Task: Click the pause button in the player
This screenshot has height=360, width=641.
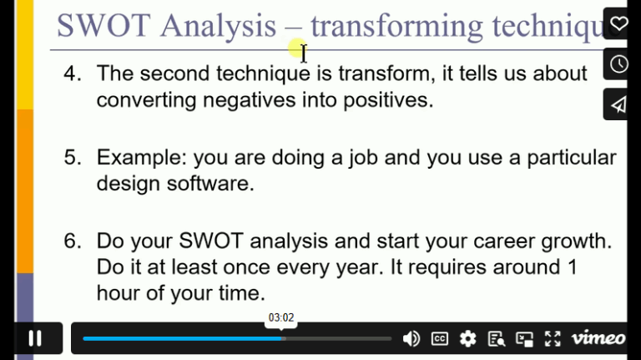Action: point(35,338)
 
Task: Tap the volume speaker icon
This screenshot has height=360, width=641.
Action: point(411,338)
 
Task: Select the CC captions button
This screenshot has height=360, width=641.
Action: point(440,338)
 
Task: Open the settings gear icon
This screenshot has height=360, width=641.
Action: point(468,338)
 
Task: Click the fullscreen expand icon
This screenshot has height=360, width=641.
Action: point(553,338)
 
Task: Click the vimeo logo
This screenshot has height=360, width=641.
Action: point(598,338)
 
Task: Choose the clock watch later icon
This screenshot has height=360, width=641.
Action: point(618,64)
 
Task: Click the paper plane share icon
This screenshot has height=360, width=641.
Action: point(618,104)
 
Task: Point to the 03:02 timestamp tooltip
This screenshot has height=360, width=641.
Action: point(281,317)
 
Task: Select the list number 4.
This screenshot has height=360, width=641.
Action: point(73,74)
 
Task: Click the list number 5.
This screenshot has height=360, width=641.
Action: point(73,157)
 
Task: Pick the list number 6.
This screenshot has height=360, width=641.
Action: point(73,241)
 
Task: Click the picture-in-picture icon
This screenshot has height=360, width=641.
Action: point(524,338)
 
